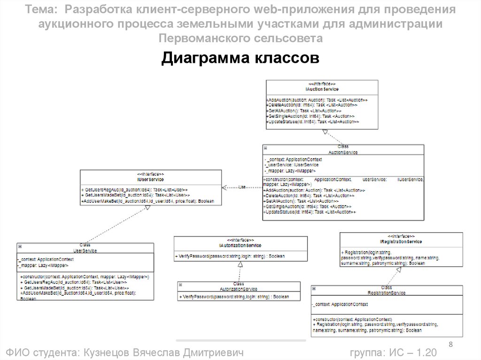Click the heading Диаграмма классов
(x=240, y=59)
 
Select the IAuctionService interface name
(x=322, y=89)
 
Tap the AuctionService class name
(x=343, y=152)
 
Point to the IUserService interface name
(x=150, y=179)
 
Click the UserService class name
(x=85, y=251)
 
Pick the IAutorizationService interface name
(x=240, y=245)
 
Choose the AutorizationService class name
(x=239, y=289)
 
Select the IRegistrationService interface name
(x=401, y=241)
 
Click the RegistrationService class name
(x=387, y=292)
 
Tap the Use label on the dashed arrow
(x=242, y=187)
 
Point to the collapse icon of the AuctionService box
(x=265, y=147)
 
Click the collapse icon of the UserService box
(x=20, y=246)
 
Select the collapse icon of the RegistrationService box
(x=314, y=288)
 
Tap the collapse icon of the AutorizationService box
(x=180, y=284)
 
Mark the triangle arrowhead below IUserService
(x=147, y=208)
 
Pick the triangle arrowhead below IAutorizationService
(x=240, y=265)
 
